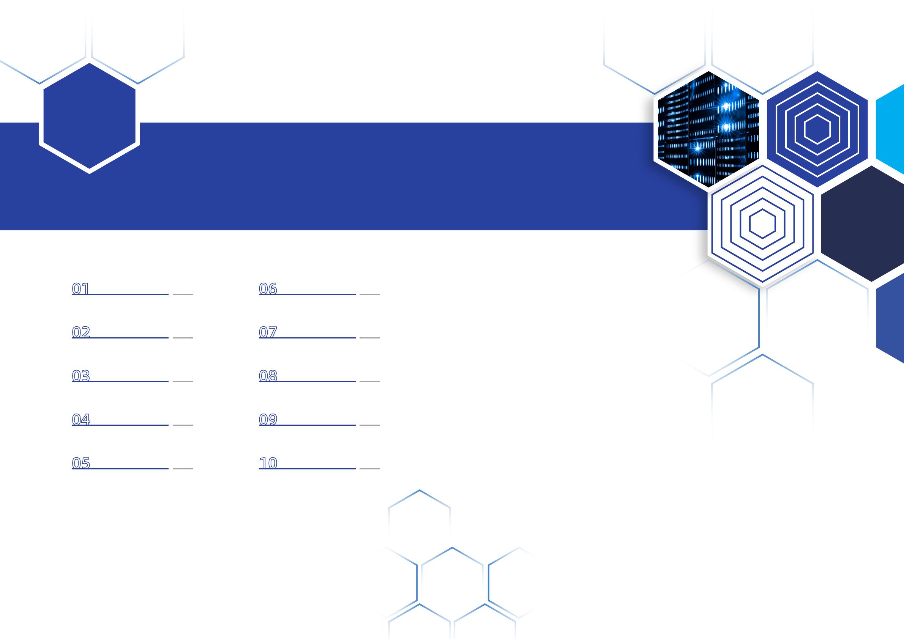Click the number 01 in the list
81,289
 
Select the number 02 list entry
81,332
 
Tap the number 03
81,376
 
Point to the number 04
81,420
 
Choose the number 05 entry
81,464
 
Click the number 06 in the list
268,289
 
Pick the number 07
268,332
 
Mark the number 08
268,376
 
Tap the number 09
268,420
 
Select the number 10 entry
268,464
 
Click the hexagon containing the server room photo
708,129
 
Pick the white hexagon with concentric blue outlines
762,223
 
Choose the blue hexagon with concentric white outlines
817,129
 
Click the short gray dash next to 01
183,294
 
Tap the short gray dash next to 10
370,469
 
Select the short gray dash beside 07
370,338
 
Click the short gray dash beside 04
183,425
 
